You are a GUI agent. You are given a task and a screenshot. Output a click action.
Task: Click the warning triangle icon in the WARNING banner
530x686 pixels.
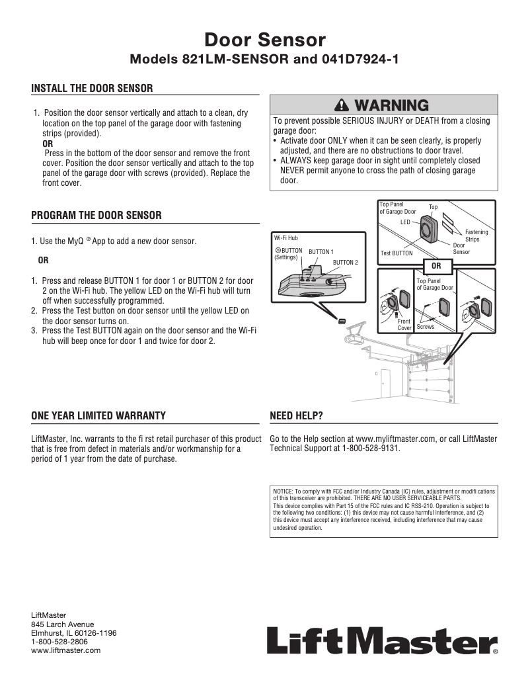pyautogui.click(x=342, y=105)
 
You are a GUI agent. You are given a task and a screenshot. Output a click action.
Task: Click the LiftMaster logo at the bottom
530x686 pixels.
pyautogui.click(x=383, y=640)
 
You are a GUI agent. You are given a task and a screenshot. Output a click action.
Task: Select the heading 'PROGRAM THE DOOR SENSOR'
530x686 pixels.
pyautogui.click(x=96, y=216)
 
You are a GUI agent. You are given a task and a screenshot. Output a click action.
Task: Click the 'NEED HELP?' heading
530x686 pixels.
pyautogui.click(x=297, y=415)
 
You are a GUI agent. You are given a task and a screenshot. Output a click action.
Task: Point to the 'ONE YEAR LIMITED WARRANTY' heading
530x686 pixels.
pyautogui.click(x=98, y=415)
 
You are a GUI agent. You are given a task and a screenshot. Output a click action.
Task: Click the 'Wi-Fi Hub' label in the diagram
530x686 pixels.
pyautogui.click(x=285, y=237)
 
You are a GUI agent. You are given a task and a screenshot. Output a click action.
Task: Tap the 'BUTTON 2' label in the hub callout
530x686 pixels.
pyautogui.click(x=345, y=263)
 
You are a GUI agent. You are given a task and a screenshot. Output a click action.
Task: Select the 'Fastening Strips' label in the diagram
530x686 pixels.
pyautogui.click(x=476, y=236)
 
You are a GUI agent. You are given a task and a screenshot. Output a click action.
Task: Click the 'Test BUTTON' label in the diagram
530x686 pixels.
pyautogui.click(x=397, y=253)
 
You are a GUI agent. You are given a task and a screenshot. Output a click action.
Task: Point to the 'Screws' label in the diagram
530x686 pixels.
pyautogui.click(x=426, y=327)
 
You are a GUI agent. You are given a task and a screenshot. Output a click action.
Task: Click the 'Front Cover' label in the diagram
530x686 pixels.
pyautogui.click(x=404, y=324)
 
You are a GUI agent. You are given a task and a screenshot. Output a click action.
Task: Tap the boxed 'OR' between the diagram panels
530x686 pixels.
pyautogui.click(x=435, y=266)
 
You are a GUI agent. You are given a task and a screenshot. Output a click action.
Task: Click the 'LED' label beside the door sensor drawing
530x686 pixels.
pyautogui.click(x=405, y=222)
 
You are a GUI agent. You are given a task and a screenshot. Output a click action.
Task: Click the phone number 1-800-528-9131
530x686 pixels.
pyautogui.click(x=371, y=448)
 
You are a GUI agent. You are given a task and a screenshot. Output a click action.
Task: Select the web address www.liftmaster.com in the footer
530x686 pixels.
pyautogui.click(x=66, y=650)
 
